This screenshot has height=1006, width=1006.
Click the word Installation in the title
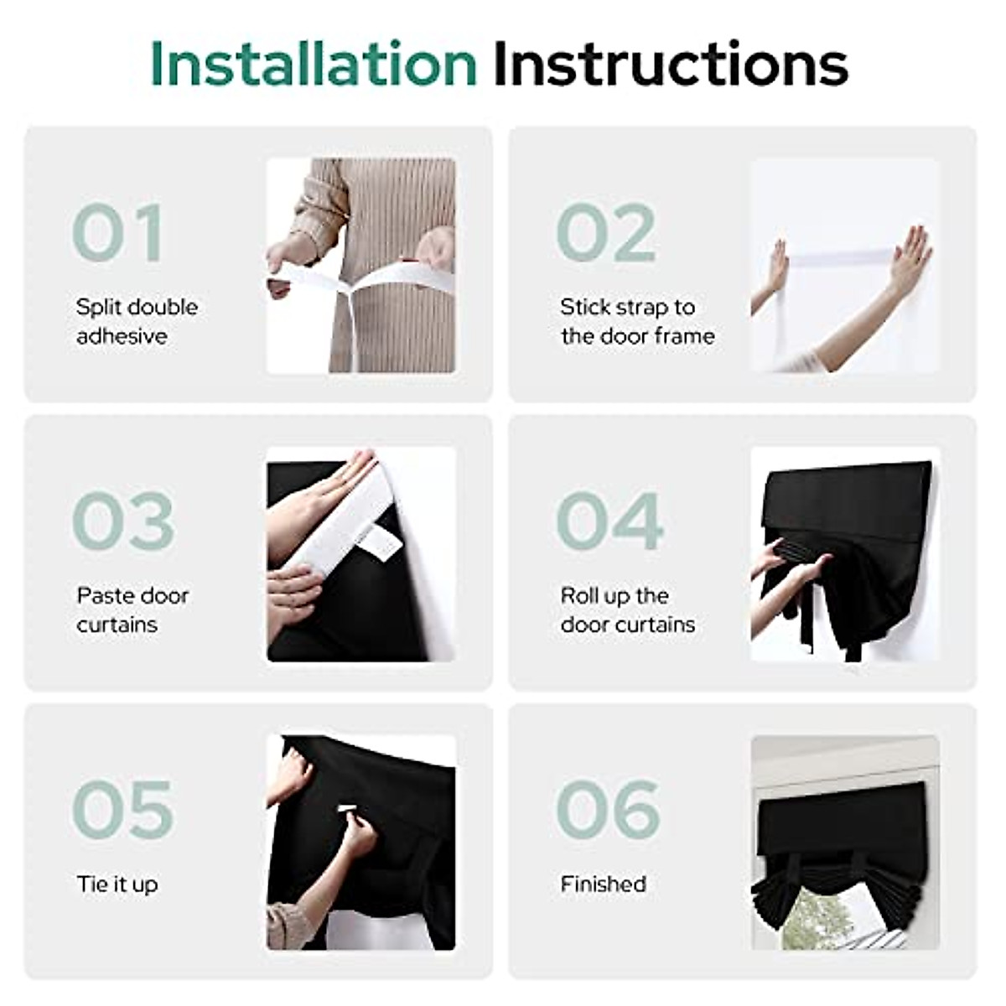pos(313,65)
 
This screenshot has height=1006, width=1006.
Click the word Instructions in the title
pos(671,65)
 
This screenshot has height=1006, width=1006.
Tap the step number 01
pos(118,232)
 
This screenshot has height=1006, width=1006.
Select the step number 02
pos(606,232)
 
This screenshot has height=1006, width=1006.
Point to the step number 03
pos(123,521)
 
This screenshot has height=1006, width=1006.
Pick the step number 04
pos(609,521)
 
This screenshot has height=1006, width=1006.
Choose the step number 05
pos(123,809)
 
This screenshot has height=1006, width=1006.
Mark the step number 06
pos(609,809)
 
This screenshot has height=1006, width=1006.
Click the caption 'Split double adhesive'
pos(137,321)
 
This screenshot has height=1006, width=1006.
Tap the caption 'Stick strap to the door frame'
pos(637,321)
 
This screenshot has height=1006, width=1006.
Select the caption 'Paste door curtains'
pos(132,609)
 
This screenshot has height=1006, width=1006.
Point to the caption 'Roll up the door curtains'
pos(627,609)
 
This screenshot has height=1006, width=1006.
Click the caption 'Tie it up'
pos(117,884)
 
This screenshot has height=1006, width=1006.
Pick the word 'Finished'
pos(603,884)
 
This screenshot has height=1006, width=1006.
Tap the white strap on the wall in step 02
pos(838,256)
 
